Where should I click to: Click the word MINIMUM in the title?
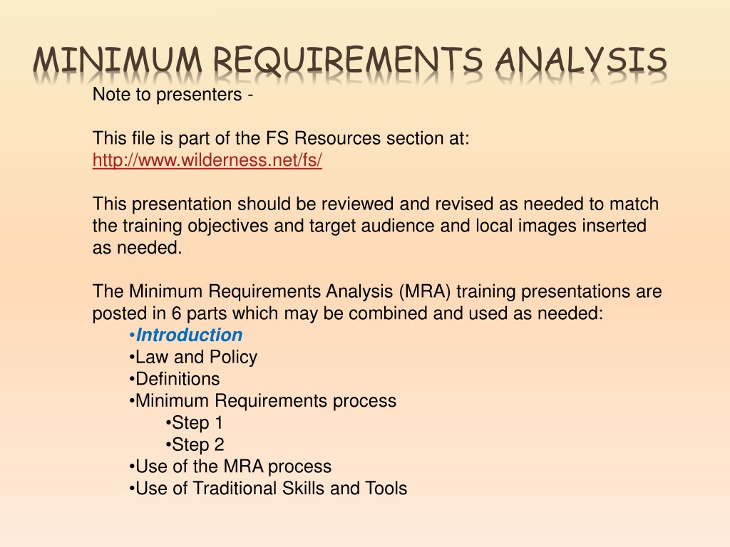coord(118,61)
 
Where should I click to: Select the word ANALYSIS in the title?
coord(581,61)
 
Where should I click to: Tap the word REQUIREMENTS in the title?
coord(348,61)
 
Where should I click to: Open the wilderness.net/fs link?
coord(207,160)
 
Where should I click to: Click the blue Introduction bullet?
coord(186,335)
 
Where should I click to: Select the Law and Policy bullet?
coord(193,357)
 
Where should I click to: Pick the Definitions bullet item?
coord(174,379)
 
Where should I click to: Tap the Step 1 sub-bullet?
coord(194,423)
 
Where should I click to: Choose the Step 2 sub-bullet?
coord(195,444)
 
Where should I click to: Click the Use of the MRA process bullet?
coord(230,467)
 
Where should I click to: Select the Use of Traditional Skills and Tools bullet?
coord(268,489)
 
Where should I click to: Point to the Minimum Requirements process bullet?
coord(262,400)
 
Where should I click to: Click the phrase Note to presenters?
coord(168,95)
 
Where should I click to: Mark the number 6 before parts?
coord(176,313)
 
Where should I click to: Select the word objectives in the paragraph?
coord(227,226)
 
